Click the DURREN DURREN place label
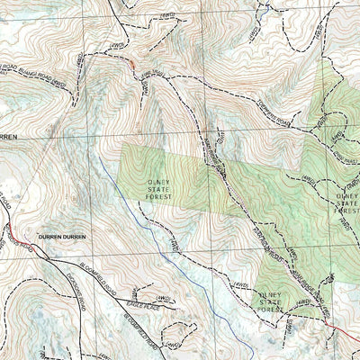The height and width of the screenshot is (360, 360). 62,236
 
